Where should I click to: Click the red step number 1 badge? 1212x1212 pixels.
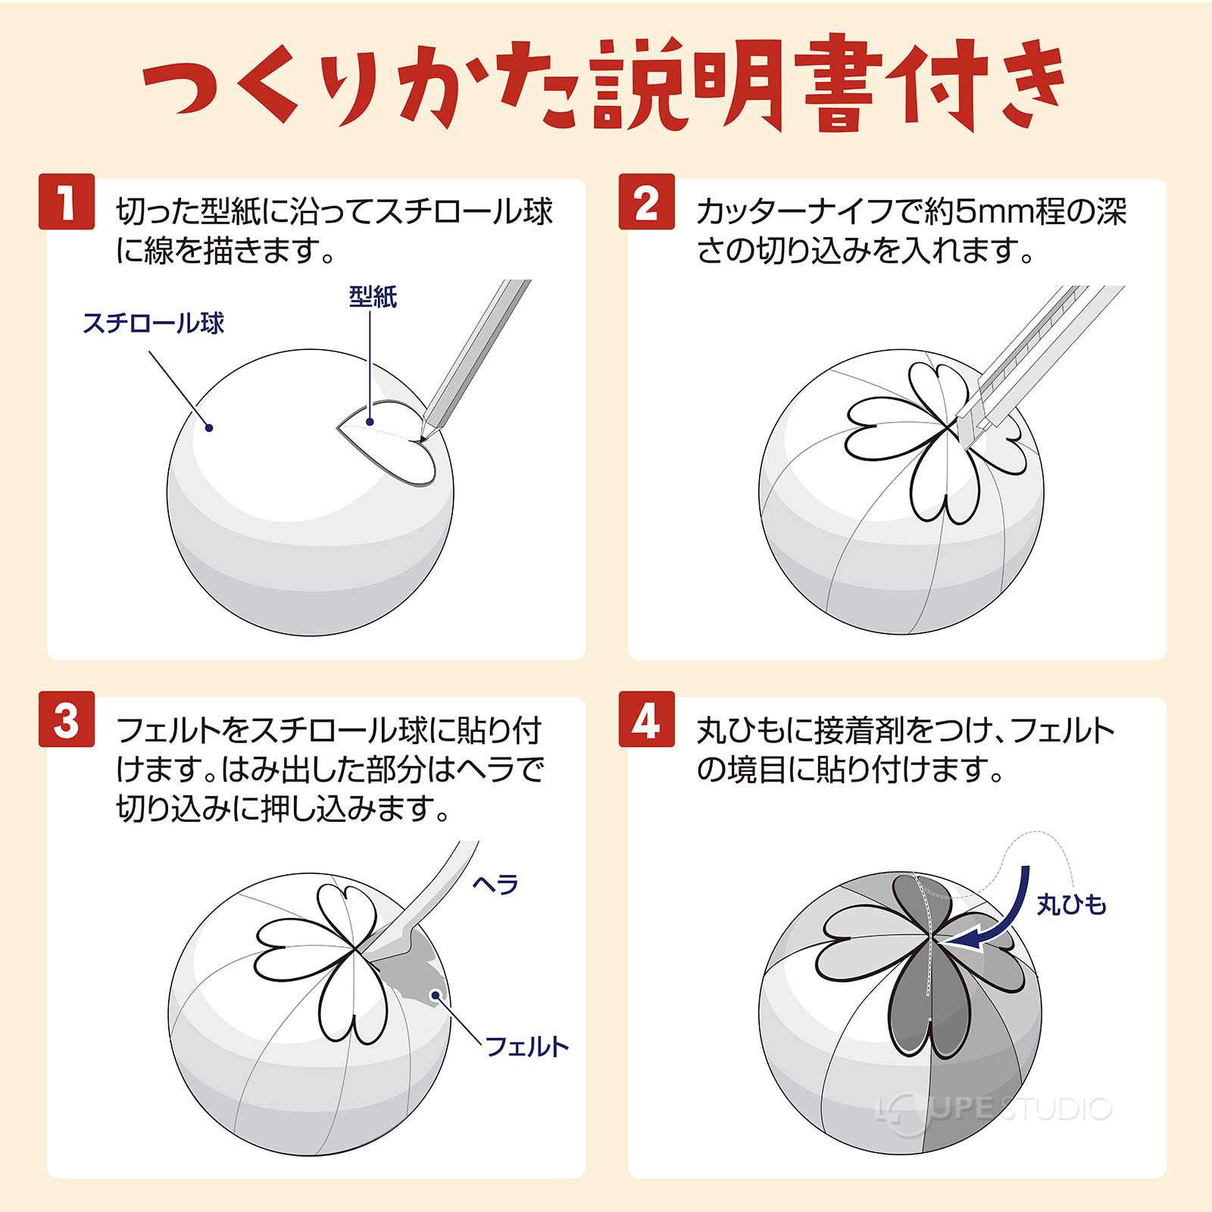point(67,201)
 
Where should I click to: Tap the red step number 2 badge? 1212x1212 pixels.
point(646,201)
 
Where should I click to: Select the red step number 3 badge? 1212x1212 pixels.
point(67,720)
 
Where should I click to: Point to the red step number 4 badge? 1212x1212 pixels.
point(646,720)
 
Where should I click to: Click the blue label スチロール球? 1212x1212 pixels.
point(153,323)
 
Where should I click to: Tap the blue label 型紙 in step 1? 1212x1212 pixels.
point(373,296)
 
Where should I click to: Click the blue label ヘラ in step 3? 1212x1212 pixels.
point(495,884)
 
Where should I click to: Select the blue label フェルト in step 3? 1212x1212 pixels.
point(526,1047)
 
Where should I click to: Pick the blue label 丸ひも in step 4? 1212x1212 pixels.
point(1071,904)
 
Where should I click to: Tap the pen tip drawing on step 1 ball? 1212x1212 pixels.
point(420,436)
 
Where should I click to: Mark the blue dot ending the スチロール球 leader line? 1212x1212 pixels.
point(209,428)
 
